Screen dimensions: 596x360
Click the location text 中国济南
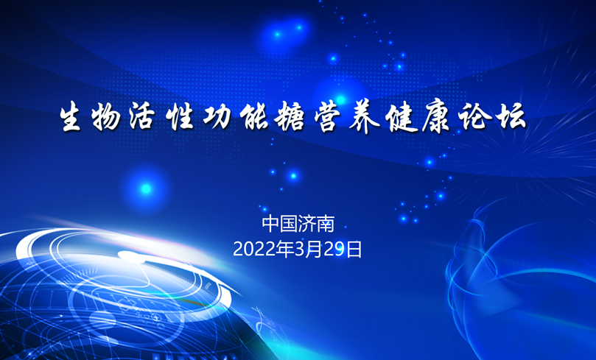[298, 224]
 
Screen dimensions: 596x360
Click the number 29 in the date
[334, 250]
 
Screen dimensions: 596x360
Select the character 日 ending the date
[354, 250]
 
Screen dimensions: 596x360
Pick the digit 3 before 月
[300, 250]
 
